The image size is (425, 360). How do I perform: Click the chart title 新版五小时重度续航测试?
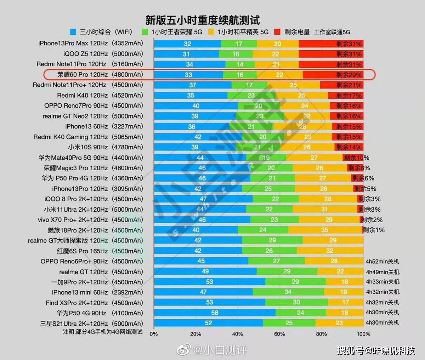click(202, 20)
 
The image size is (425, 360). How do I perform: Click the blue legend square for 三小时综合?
click(73, 32)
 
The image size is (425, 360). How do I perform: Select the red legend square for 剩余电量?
click(277, 32)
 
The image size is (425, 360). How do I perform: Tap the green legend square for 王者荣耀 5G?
click(144, 32)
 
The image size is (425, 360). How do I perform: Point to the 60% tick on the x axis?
click(279, 334)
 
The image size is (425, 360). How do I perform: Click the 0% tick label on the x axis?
click(154, 334)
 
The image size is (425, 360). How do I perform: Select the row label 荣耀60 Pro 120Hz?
click(83, 75)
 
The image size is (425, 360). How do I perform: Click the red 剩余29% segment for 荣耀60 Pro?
click(333, 75)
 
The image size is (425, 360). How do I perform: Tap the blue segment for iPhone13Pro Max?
click(187, 44)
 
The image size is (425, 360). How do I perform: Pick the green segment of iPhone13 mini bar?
click(288, 292)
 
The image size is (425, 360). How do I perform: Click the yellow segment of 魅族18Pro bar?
click(325, 230)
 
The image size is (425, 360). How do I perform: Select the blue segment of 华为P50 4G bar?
click(215, 313)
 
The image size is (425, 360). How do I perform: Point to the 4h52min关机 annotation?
click(382, 261)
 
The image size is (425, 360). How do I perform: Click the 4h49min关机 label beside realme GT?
click(382, 272)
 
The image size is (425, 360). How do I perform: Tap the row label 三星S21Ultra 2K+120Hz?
click(74, 324)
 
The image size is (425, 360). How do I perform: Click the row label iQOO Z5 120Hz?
click(85, 54)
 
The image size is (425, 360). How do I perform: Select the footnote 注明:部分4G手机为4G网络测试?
click(103, 332)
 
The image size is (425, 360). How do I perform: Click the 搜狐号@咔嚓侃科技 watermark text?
click(376, 350)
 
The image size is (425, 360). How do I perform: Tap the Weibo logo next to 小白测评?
click(184, 350)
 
